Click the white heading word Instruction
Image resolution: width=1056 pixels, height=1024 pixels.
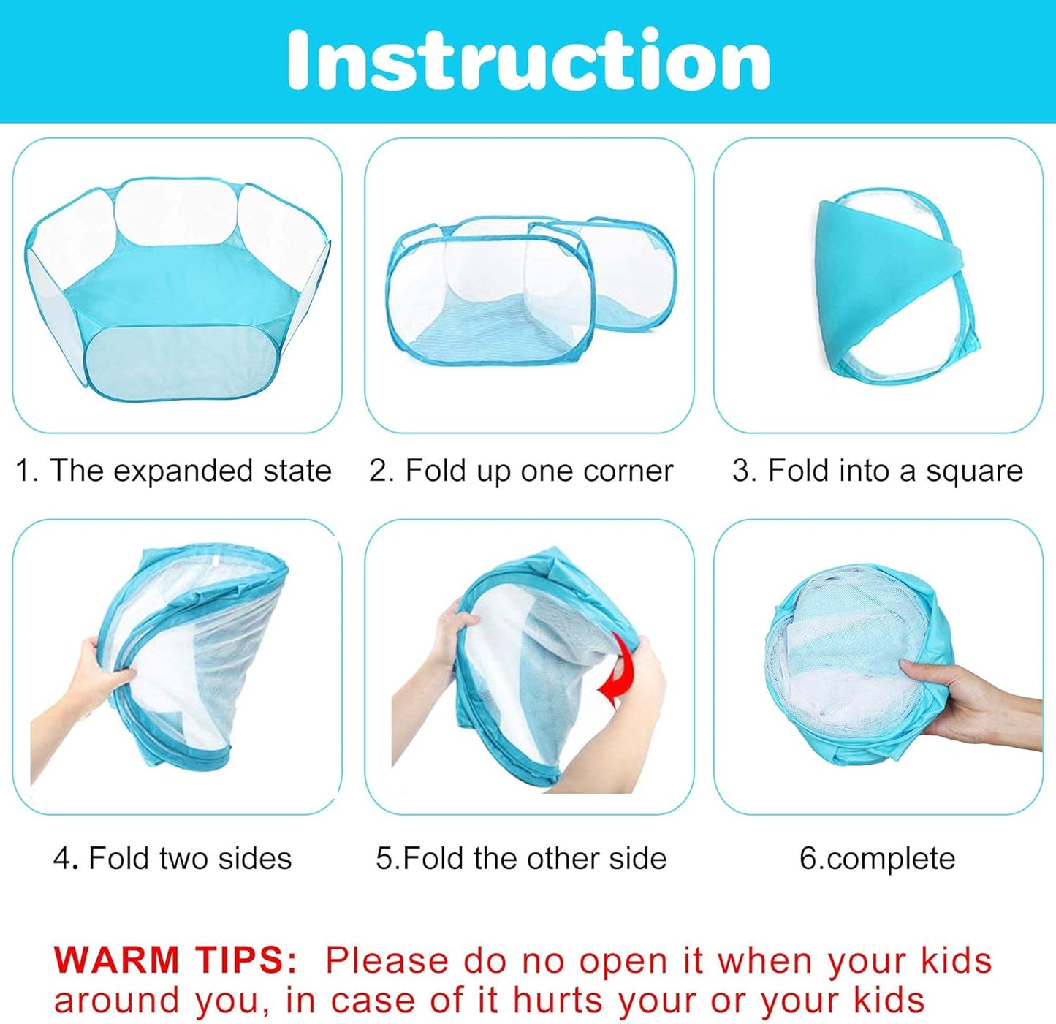click(x=528, y=60)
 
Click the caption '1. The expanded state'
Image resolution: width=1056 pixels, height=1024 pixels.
click(x=174, y=471)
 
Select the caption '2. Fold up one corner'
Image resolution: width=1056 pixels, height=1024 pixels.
click(x=521, y=471)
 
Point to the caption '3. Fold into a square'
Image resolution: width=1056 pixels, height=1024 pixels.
click(x=877, y=471)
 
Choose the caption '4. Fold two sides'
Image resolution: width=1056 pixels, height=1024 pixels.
click(x=172, y=858)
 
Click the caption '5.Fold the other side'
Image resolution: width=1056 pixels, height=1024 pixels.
click(x=521, y=858)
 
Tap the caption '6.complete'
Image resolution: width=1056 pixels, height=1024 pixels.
click(x=877, y=858)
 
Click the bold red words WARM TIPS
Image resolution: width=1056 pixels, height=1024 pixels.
click(x=175, y=960)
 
